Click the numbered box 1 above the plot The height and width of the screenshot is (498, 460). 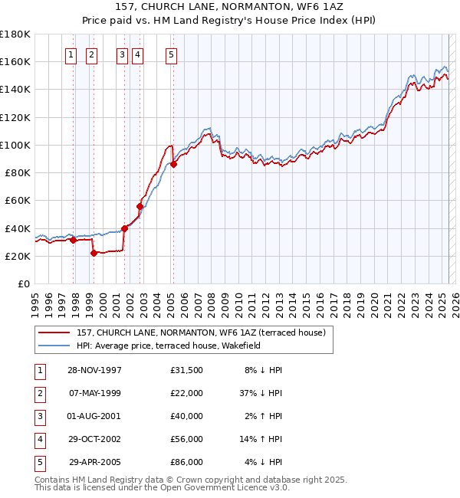[71, 54]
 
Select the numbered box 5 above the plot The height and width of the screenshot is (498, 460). [170, 54]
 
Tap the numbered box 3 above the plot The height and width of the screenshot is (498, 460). [122, 54]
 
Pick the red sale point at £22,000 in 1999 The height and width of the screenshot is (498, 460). [94, 253]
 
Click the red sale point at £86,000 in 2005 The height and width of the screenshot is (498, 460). [174, 164]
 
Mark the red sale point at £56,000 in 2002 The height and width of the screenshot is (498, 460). [140, 205]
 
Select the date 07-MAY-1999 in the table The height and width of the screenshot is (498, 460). [95, 392]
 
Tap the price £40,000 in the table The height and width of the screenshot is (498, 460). [187, 416]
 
